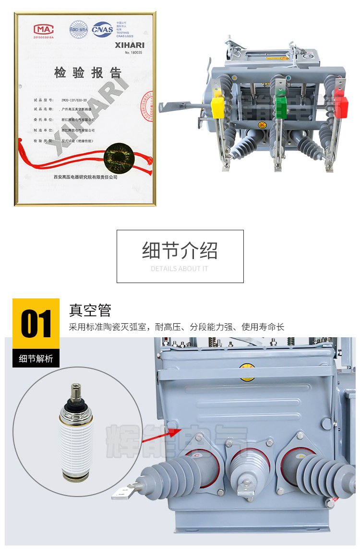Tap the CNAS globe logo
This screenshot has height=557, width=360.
click(102, 29)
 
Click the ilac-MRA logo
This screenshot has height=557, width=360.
click(78, 29)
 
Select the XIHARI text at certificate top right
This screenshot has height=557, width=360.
click(129, 44)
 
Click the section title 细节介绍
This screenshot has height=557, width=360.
click(180, 250)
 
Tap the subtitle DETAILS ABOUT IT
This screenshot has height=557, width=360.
click(180, 269)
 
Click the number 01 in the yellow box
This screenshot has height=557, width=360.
click(36, 324)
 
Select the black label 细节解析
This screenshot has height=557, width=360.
click(36, 358)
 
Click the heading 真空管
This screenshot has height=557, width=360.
click(90, 310)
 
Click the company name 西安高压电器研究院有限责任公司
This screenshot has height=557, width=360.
click(85, 177)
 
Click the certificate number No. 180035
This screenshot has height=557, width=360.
click(133, 52)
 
